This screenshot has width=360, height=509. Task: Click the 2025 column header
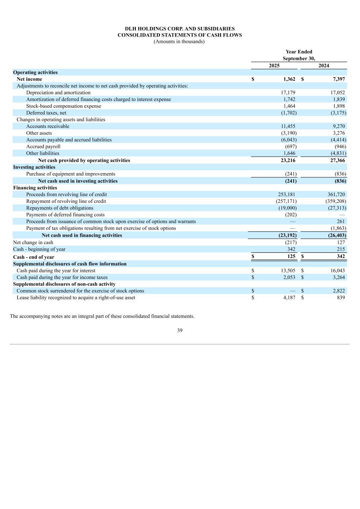point(274,66)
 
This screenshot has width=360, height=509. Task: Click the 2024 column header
point(323,66)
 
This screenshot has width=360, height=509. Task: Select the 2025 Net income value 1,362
point(289,79)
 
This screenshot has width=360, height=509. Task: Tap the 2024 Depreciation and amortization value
point(338,92)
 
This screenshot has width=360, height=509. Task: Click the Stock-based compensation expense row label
point(63,106)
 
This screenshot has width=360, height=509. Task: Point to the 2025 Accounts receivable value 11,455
point(288,126)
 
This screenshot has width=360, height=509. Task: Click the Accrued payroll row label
point(43,147)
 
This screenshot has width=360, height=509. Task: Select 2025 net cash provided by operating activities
point(288,160)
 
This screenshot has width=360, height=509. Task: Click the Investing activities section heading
point(34,167)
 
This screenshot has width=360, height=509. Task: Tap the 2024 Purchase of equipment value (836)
point(340,174)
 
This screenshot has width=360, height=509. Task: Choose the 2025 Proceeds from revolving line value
point(287,194)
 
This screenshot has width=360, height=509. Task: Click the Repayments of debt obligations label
point(60,208)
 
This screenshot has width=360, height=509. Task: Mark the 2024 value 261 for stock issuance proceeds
point(341,221)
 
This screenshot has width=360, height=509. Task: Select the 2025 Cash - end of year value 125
point(291,257)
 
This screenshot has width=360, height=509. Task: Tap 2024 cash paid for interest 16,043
point(338,271)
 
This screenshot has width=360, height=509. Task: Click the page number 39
point(180,330)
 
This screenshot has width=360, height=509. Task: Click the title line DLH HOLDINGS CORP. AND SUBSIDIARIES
point(180,29)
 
